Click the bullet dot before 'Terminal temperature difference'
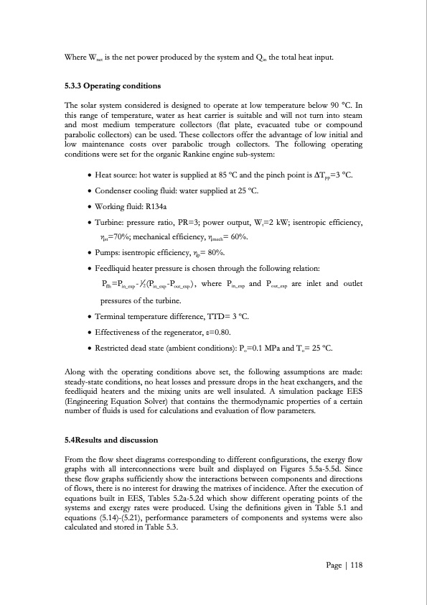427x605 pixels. click(88, 317)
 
